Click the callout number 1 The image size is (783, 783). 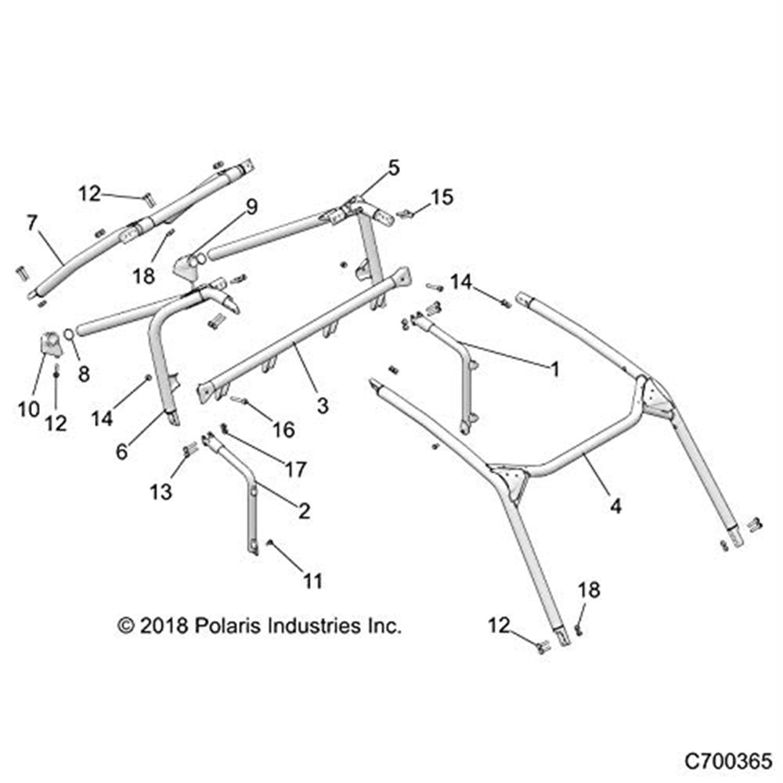[x=555, y=369]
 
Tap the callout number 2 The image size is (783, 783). [x=304, y=511]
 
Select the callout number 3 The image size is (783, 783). [x=322, y=405]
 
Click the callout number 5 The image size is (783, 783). [x=392, y=167]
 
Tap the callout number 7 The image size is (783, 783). [x=32, y=223]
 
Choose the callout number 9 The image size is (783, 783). [x=251, y=207]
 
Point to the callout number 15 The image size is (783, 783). [x=442, y=197]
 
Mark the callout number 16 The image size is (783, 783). [x=283, y=429]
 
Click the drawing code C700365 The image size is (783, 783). [x=728, y=760]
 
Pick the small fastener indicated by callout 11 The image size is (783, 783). [x=269, y=543]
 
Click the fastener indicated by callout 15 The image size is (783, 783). [x=405, y=212]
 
